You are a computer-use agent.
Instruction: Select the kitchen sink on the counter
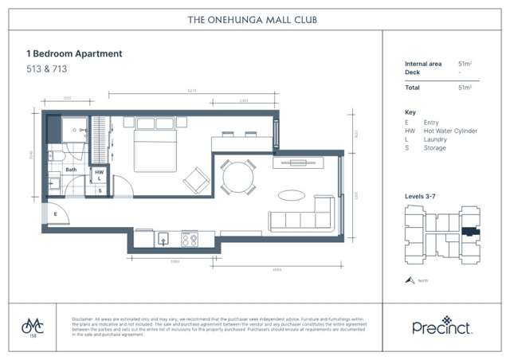[x=163, y=238]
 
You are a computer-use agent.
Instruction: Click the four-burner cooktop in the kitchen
[x=190, y=238]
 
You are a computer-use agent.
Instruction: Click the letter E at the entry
[x=55, y=214]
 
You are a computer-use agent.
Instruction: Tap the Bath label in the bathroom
[x=71, y=170]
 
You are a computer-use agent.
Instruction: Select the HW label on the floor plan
[x=100, y=171]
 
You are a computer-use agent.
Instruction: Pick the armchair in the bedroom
[x=196, y=179]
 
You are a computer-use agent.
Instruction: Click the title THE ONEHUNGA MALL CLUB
[x=254, y=18]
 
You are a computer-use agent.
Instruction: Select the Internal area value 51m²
[x=465, y=63]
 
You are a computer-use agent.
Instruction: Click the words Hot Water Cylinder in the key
[x=450, y=131]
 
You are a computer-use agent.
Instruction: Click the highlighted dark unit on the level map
[x=470, y=232]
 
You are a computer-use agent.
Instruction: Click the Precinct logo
[x=441, y=327]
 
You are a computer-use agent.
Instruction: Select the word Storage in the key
[x=435, y=147]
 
